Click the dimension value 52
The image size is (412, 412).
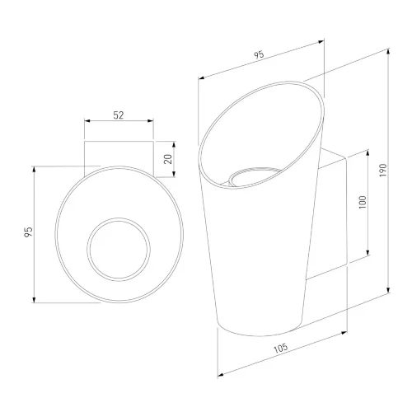(x=119, y=115)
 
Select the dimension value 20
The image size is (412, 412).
(x=168, y=159)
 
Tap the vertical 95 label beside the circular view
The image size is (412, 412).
(x=28, y=232)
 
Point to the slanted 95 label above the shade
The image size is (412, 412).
(x=259, y=54)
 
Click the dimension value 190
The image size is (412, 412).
(x=383, y=171)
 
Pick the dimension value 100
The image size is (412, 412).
(x=363, y=203)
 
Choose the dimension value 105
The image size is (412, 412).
(x=281, y=348)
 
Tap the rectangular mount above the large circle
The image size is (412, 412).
(x=119, y=141)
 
